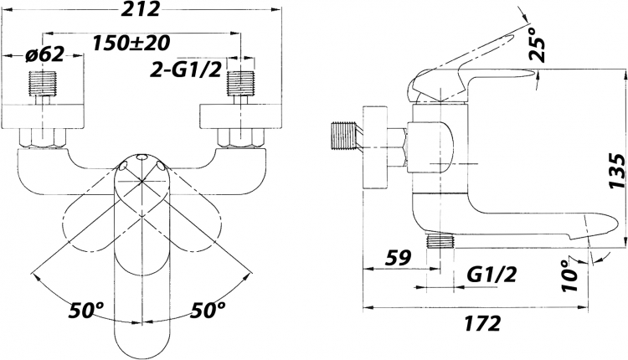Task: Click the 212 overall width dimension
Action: pos(140,9)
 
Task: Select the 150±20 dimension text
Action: pos(131,43)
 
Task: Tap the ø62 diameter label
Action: pos(44,55)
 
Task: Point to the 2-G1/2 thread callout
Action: pos(186,70)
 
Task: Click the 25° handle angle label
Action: pos(537,44)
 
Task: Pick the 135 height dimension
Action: pos(617,171)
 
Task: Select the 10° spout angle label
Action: pos(570,275)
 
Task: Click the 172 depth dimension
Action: pos(483,323)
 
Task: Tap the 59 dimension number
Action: pos(398,258)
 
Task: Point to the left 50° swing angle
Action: pos(86,310)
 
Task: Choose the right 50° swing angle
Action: pos(208,310)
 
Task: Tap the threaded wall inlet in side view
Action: pos(344,136)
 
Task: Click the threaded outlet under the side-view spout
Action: pos(440,241)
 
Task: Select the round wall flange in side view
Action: pos(375,147)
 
